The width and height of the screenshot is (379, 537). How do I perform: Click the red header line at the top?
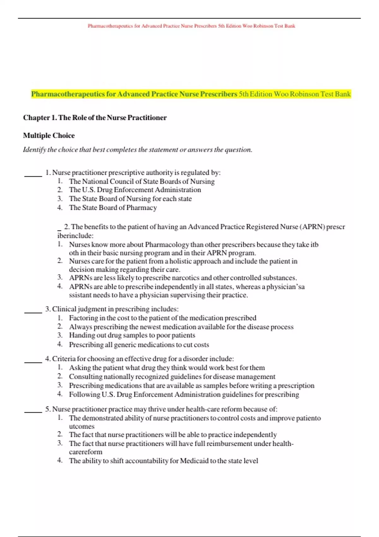coord(191,26)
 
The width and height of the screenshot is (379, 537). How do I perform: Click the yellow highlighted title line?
coord(191,94)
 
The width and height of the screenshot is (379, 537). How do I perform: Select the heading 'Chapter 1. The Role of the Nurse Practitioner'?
coord(95,118)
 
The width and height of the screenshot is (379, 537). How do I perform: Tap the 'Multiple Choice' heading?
coord(49,136)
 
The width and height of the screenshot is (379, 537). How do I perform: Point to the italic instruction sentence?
coord(138,150)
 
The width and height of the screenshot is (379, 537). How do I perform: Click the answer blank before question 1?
coord(33,175)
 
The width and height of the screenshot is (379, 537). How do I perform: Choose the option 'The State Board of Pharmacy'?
coord(113,208)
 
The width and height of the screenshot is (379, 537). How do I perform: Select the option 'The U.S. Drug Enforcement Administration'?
coord(135,190)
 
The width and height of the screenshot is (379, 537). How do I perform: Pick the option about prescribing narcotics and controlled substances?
coord(183,278)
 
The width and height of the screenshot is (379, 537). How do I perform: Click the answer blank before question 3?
coord(33,311)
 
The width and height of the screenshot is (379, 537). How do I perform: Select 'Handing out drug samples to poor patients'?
coord(132,335)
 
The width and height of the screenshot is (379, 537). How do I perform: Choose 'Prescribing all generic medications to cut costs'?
coord(139,345)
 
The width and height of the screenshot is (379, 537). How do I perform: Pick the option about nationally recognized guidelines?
coord(172,377)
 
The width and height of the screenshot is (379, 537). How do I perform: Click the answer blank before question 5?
coord(33,411)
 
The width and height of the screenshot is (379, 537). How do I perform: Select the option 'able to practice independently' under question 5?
coord(173,435)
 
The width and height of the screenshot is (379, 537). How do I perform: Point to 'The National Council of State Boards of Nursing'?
coord(142,181)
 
